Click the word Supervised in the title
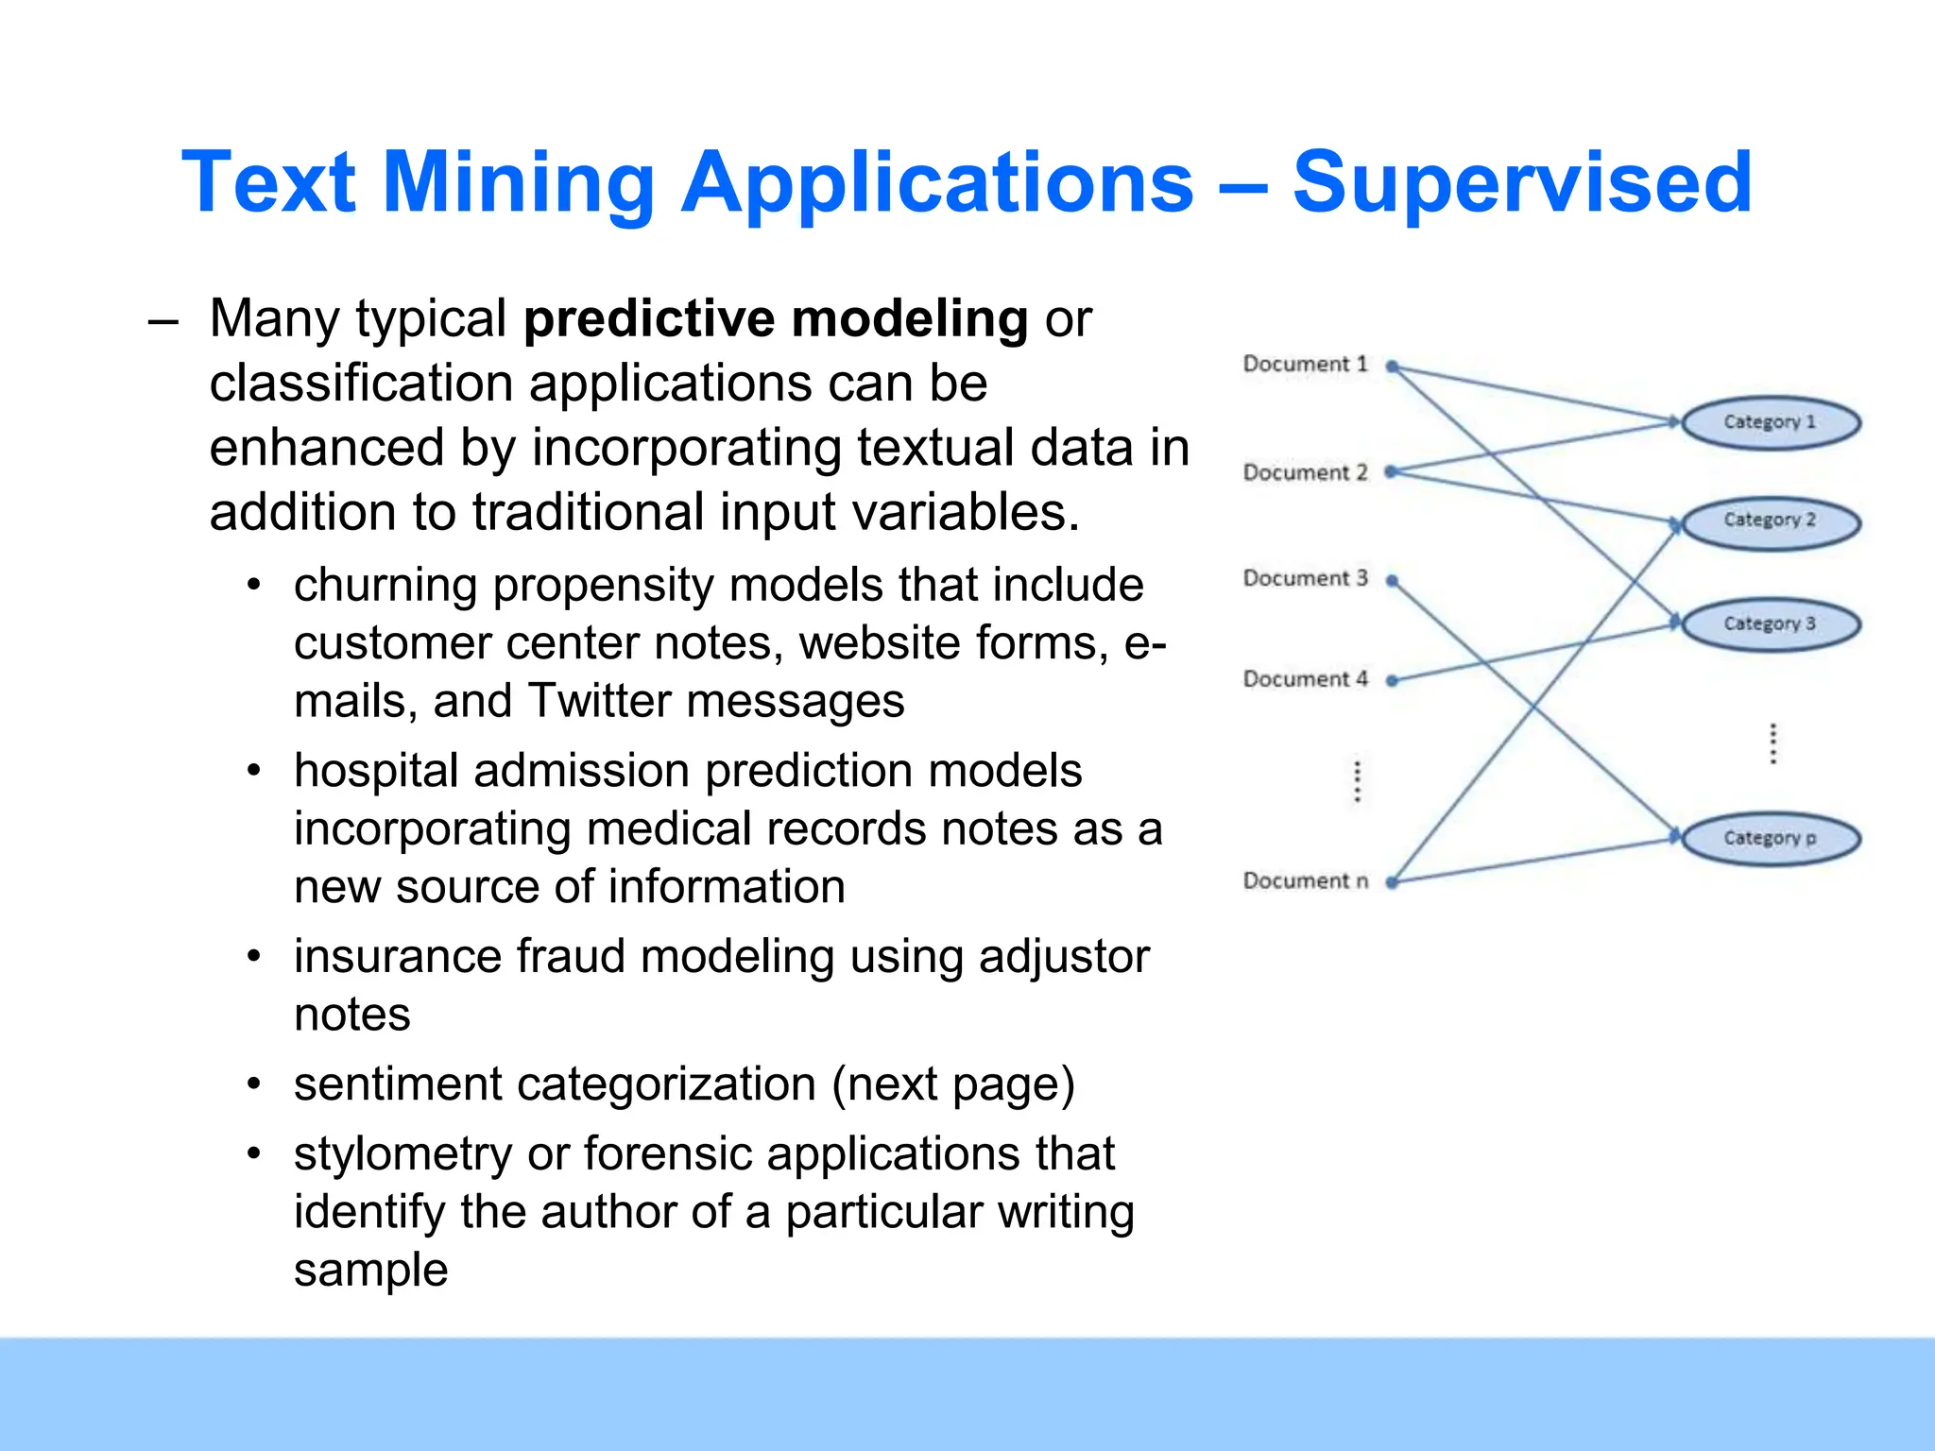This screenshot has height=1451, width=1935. pos(1521,181)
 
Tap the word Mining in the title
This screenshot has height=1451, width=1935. pos(518,181)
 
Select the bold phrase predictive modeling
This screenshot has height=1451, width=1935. pos(776,318)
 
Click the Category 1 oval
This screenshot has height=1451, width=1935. pos(1771,422)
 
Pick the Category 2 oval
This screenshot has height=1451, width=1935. pos(1771,521)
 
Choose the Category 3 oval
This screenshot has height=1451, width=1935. pos(1771,623)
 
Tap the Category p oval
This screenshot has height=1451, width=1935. pos(1771,838)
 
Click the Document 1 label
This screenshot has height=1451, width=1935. pos(1305,365)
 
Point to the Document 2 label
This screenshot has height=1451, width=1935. pos(1305,472)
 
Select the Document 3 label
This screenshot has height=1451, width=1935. pos(1305,578)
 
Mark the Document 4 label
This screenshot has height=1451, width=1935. pos(1305,679)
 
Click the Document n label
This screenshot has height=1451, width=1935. pos(1305,881)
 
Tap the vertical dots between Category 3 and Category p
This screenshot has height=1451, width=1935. pos(1773,743)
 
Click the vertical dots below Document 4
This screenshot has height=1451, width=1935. pos(1358,781)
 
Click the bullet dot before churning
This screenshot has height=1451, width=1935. pos(253,585)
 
